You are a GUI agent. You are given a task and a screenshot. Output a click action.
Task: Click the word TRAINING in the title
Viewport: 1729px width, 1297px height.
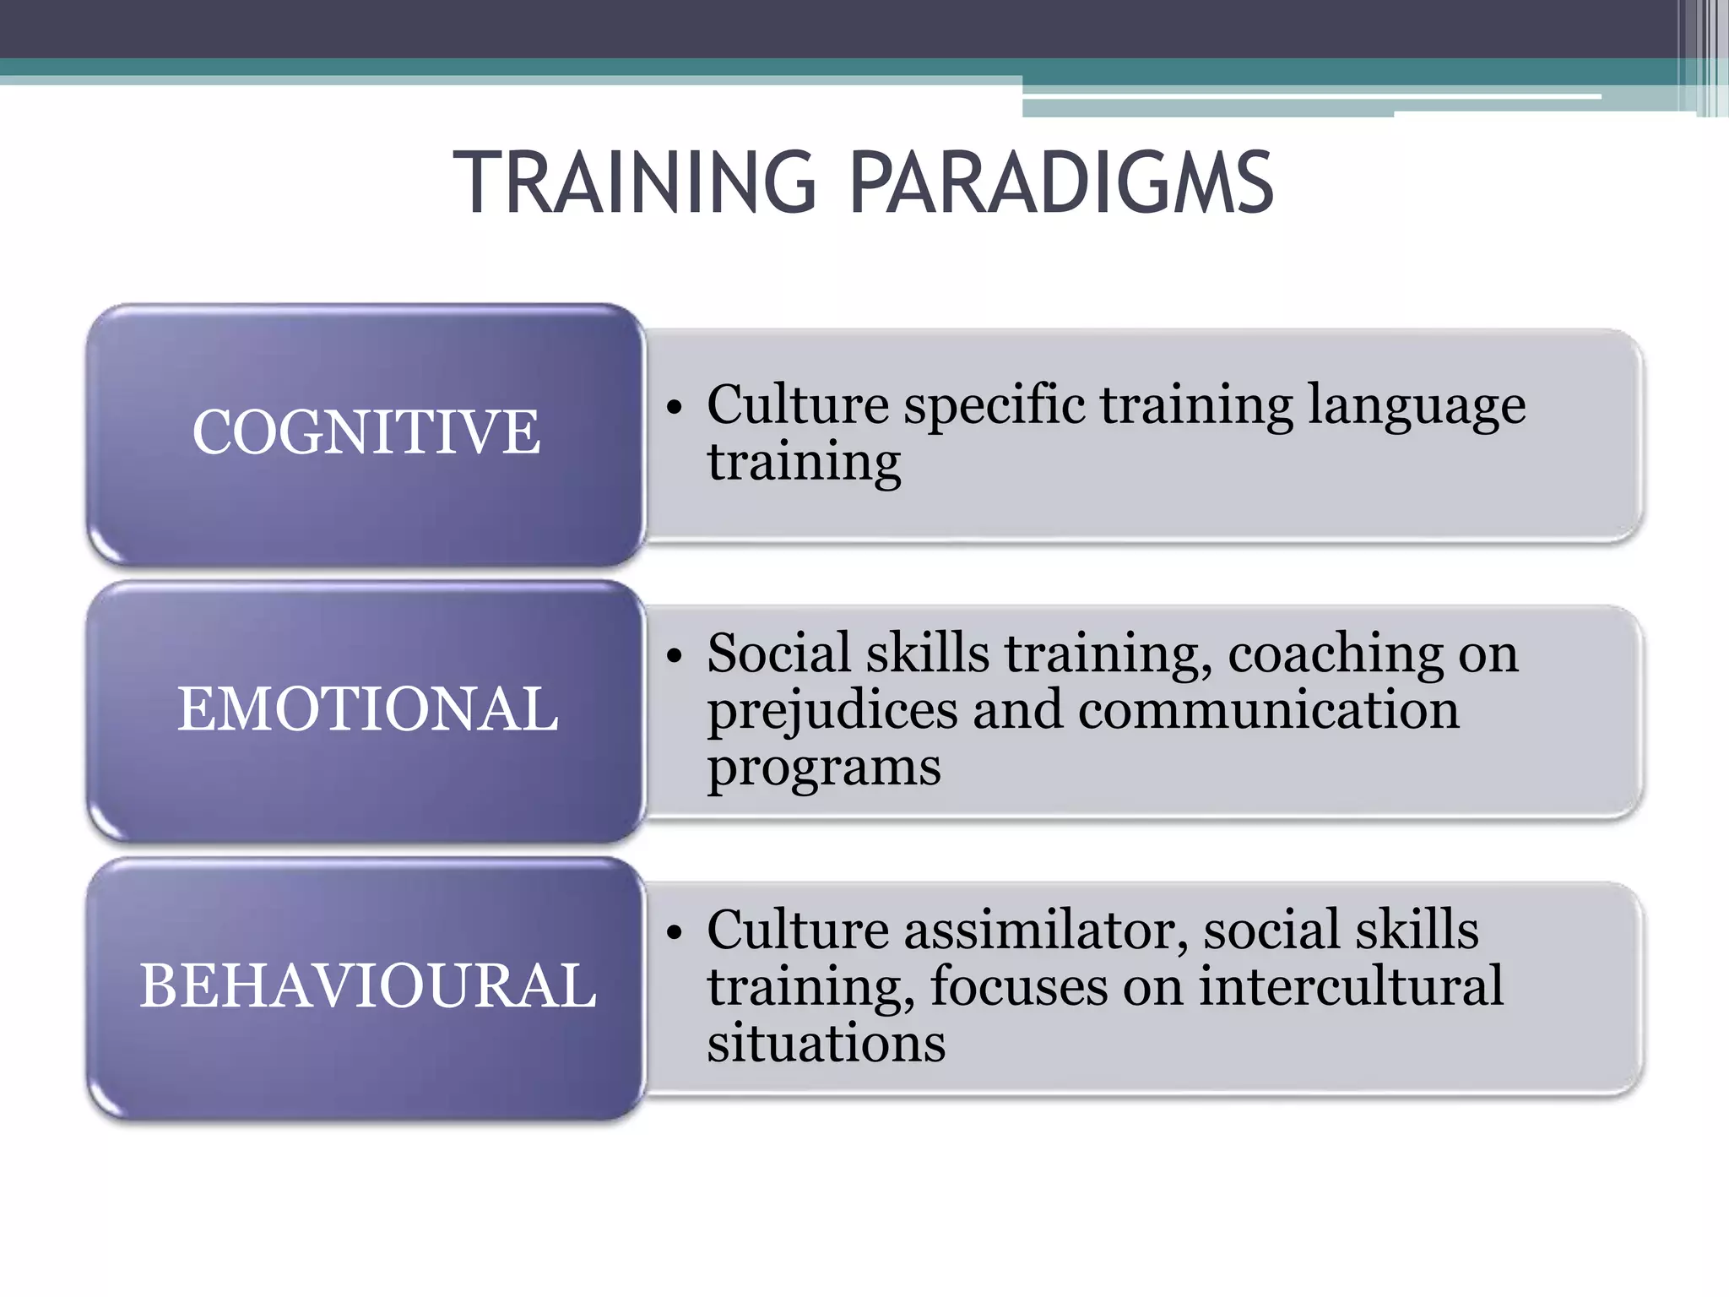point(634,182)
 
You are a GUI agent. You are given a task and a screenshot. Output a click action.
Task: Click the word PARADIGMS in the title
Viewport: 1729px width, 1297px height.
point(1061,182)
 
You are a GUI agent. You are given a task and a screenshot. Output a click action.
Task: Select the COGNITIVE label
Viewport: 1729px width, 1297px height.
point(366,432)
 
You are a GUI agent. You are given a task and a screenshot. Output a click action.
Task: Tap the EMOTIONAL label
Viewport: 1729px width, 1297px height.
point(367,708)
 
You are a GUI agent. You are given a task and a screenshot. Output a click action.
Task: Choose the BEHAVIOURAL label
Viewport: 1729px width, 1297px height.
point(368,985)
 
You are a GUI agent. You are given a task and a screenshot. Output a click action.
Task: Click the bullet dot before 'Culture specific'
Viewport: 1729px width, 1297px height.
point(673,408)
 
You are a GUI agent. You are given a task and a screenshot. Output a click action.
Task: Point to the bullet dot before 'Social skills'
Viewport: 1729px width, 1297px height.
point(673,656)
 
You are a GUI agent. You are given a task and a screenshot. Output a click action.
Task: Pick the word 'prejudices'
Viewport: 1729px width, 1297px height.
point(832,712)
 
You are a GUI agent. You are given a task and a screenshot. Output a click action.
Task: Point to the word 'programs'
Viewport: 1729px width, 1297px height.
point(824,769)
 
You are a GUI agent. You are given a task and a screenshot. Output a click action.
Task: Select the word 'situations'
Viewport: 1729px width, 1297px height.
point(826,1043)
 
